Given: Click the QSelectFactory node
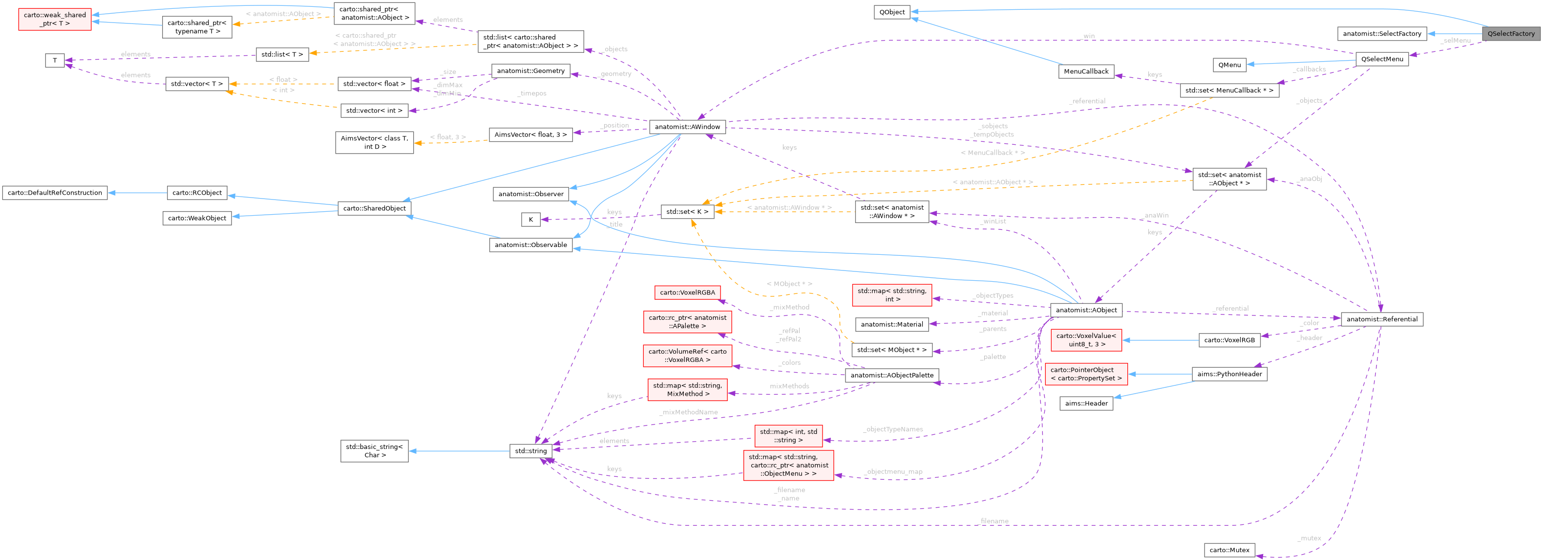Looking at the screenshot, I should click(x=1511, y=34).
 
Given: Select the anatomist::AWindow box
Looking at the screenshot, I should click(x=687, y=127).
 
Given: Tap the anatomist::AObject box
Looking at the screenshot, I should click(x=1085, y=310).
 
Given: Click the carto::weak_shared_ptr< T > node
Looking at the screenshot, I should click(x=55, y=19).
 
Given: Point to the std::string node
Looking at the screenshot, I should click(x=531, y=451).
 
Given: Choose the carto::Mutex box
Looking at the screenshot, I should click(x=1229, y=550).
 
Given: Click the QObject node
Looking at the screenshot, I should click(x=892, y=12).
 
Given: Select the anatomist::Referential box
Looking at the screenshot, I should click(x=1381, y=319).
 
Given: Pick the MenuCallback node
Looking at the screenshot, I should click(x=1085, y=71).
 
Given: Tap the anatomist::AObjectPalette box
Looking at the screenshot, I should click(x=891, y=375).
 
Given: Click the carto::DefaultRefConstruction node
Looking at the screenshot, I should click(x=55, y=193).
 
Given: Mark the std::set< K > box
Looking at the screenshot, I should click(x=687, y=212).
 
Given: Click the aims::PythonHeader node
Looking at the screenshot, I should click(x=1229, y=374).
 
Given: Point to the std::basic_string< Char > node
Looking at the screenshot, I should click(x=374, y=451).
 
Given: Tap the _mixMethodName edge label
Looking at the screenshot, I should click(x=688, y=412).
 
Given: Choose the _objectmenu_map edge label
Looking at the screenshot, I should click(x=893, y=472).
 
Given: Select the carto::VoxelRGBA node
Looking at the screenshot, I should click(x=687, y=292).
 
